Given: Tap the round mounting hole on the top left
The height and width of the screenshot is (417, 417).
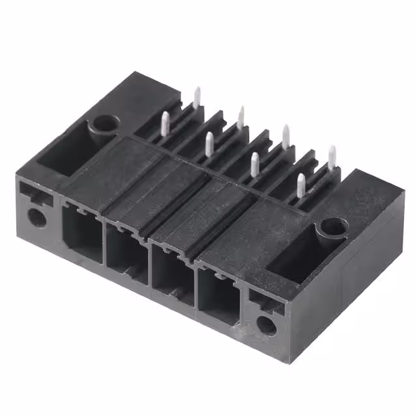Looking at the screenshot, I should click(x=105, y=124).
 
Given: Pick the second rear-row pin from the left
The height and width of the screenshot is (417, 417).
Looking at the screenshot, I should click(x=241, y=117).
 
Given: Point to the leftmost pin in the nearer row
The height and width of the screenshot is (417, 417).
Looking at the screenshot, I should click(x=165, y=124).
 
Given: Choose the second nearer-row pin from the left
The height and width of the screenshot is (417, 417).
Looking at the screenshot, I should click(x=209, y=144).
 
